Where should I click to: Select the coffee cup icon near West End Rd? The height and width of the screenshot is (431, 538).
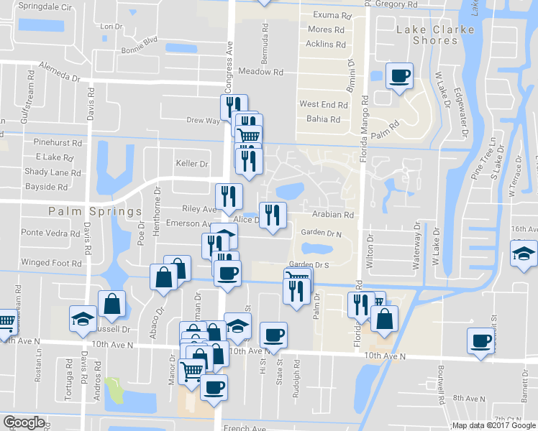pyautogui.click(x=399, y=75)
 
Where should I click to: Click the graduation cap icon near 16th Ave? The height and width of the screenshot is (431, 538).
pyautogui.click(x=523, y=254)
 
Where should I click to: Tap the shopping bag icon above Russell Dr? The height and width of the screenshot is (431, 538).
pyautogui.click(x=112, y=305)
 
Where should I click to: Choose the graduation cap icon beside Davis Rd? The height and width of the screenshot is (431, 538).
pyautogui.click(x=83, y=318)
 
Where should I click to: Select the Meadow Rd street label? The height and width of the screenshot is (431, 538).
pyautogui.click(x=260, y=72)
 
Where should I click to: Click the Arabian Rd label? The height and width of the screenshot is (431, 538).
pyautogui.click(x=333, y=215)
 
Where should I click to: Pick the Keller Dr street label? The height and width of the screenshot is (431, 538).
pyautogui.click(x=191, y=164)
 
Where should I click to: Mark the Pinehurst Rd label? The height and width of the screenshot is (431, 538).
pyautogui.click(x=58, y=143)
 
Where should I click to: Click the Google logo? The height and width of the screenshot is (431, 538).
pyautogui.click(x=24, y=422)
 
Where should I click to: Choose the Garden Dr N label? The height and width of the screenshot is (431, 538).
pyautogui.click(x=322, y=233)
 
